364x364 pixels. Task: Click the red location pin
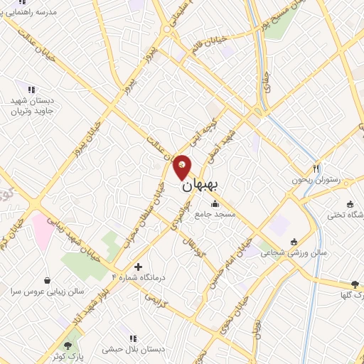pyautogui.click(x=183, y=167)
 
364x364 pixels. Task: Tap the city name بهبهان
pyautogui.click(x=201, y=186)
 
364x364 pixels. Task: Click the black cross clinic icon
pyautogui.click(x=138, y=266)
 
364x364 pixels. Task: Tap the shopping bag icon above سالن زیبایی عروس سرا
pyautogui.click(x=48, y=281)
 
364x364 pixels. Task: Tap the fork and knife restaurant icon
pyautogui.click(x=316, y=168)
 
